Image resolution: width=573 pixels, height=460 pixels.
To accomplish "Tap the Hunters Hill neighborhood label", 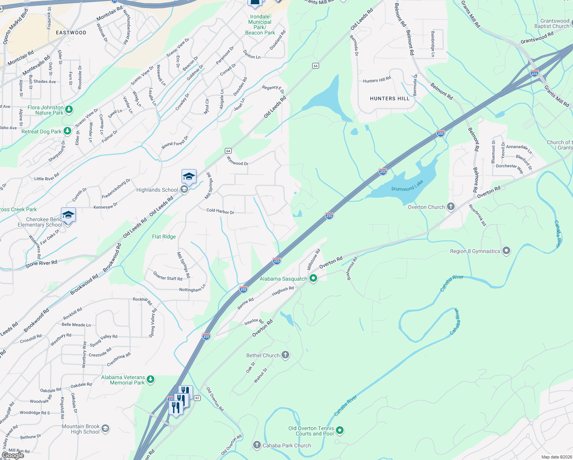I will (390, 99).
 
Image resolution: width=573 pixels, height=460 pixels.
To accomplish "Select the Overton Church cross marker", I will (451, 207).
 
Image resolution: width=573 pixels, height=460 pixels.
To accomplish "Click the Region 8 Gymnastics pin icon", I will (506, 251).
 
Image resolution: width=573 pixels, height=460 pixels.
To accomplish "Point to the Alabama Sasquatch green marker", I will (313, 278).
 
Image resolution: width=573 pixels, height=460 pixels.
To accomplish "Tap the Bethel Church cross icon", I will (285, 355).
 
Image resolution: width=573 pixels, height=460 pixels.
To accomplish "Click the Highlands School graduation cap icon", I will (189, 177).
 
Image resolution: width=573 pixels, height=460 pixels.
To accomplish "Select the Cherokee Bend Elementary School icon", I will (68, 215).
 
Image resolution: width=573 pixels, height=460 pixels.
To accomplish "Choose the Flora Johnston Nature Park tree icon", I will (69, 110).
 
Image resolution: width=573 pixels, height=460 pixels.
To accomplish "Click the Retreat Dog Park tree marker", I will (67, 131).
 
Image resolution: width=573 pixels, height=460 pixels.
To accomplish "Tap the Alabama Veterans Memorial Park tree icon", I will (151, 379).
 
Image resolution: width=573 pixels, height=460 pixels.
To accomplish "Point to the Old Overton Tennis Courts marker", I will (340, 430).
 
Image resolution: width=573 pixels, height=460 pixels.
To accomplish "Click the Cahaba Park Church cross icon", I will (257, 445).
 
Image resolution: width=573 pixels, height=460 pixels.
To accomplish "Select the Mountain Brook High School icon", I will (105, 429).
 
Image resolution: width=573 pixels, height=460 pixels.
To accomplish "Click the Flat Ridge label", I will (164, 237).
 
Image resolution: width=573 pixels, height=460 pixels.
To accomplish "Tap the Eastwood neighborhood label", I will (71, 33).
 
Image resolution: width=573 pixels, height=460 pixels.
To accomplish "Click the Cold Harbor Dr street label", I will (220, 211).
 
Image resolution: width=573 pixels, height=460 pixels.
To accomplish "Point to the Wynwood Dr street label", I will (237, 161).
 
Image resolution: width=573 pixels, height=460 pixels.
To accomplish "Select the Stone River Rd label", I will (41, 263).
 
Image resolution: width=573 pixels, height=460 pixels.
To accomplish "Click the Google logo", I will (13, 455).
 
